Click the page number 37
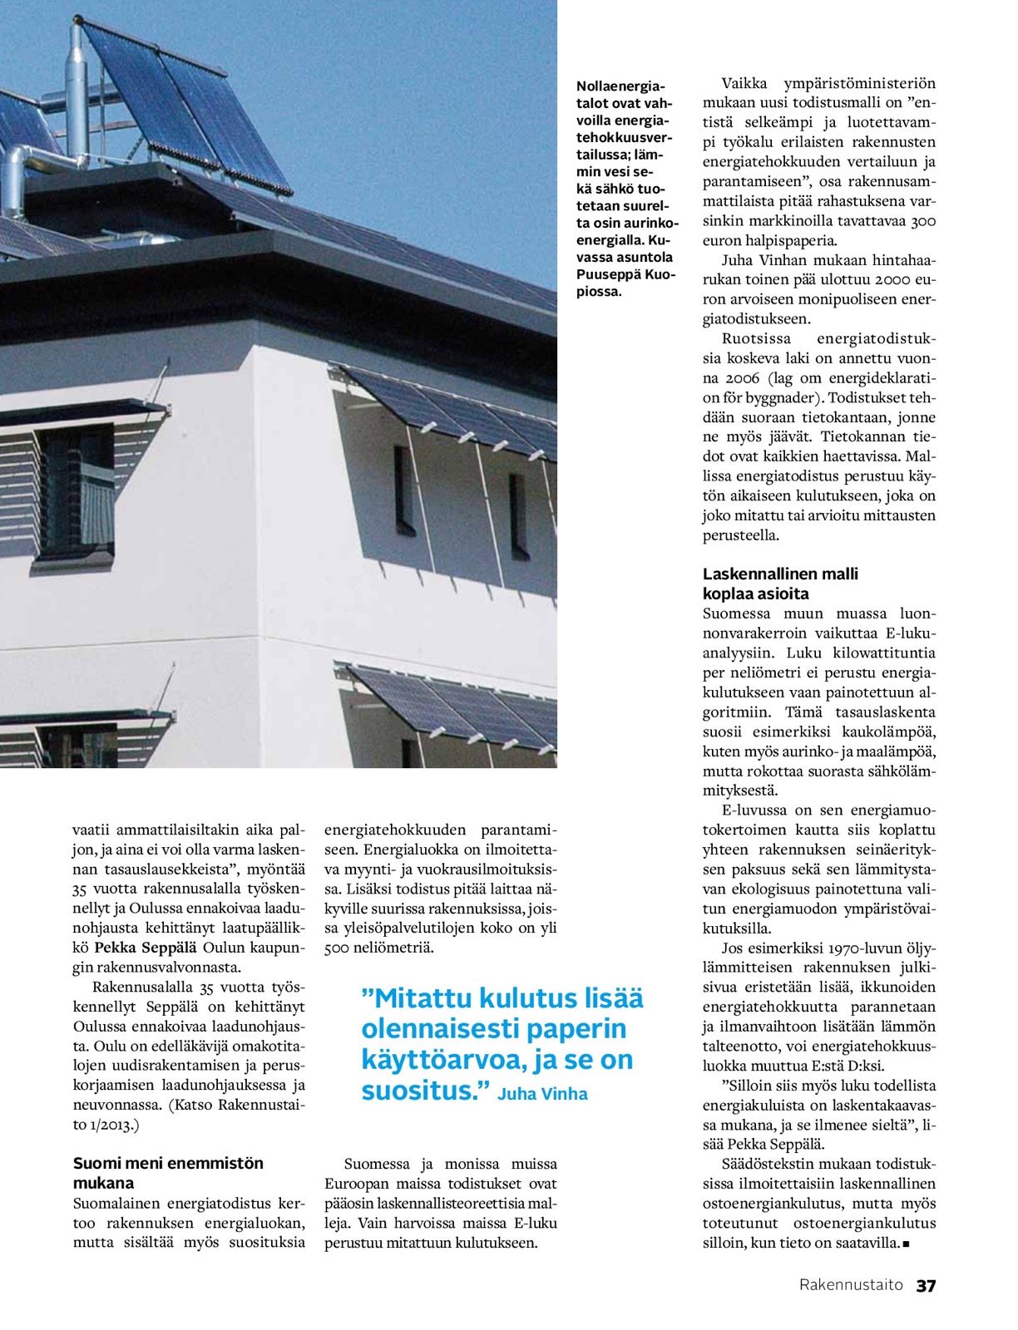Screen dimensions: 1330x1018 pos(926,1285)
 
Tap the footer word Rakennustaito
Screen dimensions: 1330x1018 pos(851,1285)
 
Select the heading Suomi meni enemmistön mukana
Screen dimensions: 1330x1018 pos(168,1173)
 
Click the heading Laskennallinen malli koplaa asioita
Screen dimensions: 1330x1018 pos(780,584)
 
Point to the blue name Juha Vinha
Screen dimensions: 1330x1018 pos(542,1094)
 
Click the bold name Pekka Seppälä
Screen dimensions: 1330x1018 pos(146,948)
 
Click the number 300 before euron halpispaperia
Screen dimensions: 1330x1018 pos(922,221)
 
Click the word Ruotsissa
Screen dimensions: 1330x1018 pos(756,339)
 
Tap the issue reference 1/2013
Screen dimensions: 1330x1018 pos(112,1125)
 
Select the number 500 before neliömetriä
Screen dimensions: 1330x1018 pos(338,948)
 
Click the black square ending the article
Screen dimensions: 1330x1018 pos(906,1244)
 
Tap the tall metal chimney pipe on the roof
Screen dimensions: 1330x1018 pos(77,91)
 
